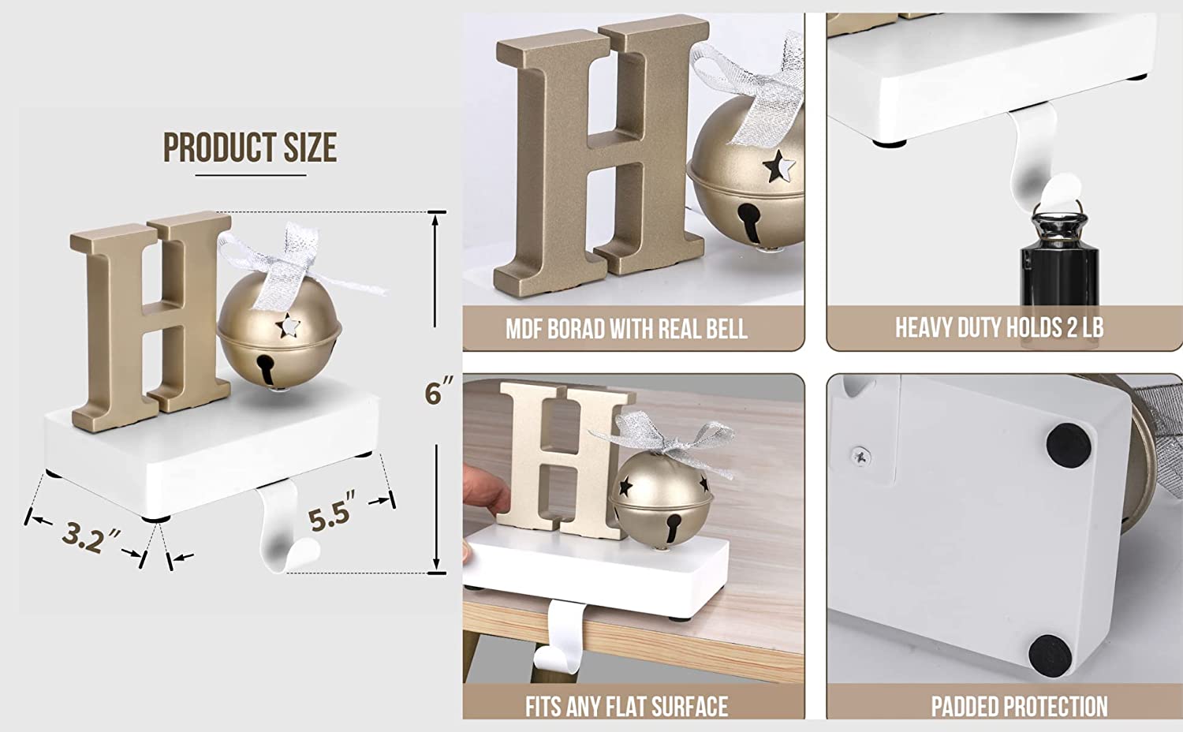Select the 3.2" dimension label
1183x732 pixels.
[x=91, y=537]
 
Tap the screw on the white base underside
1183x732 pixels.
[x=860, y=456]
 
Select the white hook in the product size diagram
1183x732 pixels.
[x=283, y=532]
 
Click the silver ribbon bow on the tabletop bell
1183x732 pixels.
[x=666, y=443]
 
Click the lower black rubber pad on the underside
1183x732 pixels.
[x=1051, y=655]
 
